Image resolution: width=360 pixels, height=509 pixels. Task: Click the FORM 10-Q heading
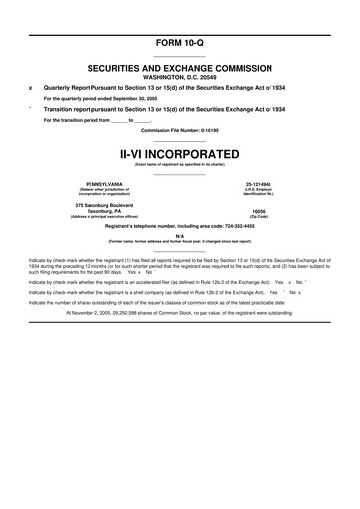point(179,19)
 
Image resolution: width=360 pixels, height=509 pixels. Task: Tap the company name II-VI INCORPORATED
point(179,156)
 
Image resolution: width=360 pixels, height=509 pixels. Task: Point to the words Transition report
point(68,109)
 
